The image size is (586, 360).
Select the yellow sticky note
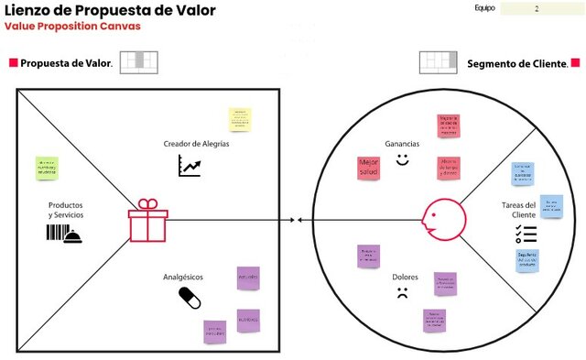coord(239,119)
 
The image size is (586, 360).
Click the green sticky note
coord(52,168)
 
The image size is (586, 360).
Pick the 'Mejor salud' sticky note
coord(368,169)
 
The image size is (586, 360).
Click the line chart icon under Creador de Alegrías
coord(190,166)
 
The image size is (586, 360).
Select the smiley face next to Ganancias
coord(402,159)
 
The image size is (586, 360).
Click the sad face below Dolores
coord(401,294)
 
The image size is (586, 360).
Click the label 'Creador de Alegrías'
coord(196,145)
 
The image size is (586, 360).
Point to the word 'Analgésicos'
coord(182,276)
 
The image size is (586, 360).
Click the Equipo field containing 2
coord(537,8)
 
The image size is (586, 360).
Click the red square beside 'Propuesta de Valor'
coord(14,63)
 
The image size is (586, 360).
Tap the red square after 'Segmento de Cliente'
coord(575,63)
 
